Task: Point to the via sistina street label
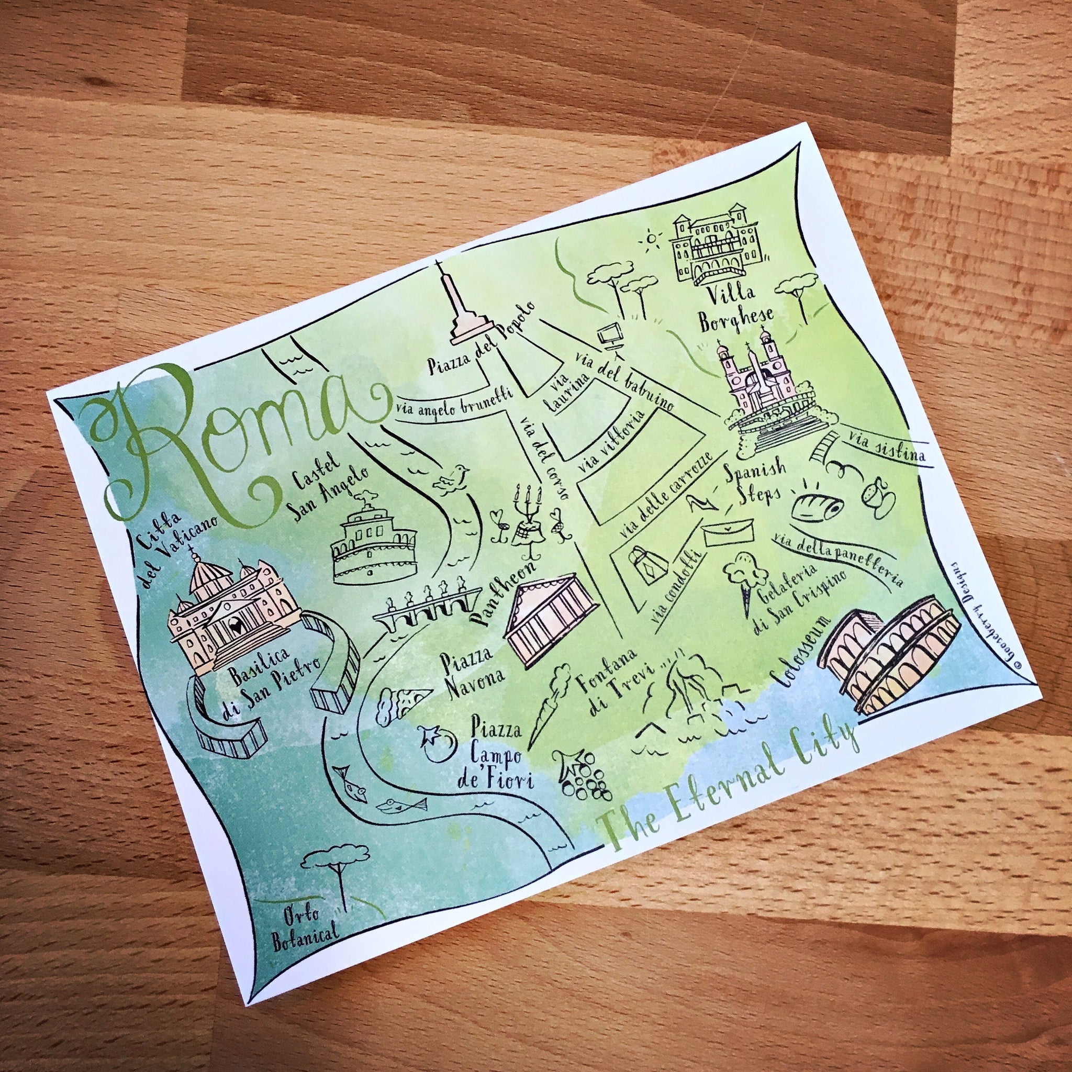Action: click(x=882, y=444)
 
